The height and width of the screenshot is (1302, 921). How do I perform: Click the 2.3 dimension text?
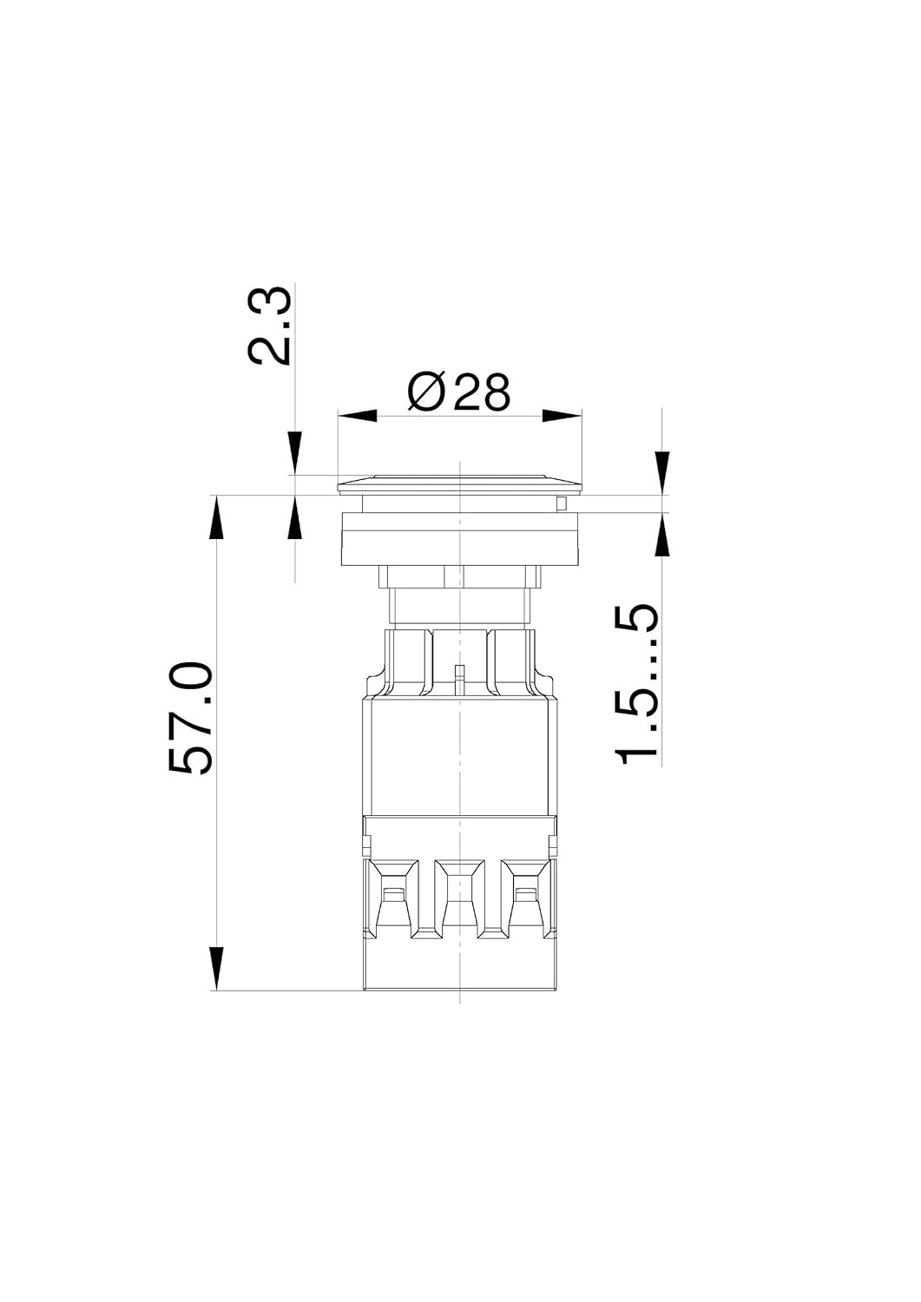[x=270, y=327]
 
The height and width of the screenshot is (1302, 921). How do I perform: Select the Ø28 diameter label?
[x=459, y=392]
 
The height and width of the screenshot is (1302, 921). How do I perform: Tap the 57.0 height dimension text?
[x=191, y=718]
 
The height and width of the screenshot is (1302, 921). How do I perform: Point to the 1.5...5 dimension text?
[x=637, y=686]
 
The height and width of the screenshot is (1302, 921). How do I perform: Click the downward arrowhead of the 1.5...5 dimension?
[x=662, y=473]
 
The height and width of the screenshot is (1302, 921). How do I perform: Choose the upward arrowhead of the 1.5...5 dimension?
[x=662, y=534]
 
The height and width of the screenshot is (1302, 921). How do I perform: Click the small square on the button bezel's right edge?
[x=562, y=503]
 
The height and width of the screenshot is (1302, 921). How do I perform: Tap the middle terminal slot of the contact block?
[x=457, y=903]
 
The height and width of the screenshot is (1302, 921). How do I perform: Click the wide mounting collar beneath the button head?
[x=459, y=538]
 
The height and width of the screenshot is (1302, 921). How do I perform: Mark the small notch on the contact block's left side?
[x=365, y=843]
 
